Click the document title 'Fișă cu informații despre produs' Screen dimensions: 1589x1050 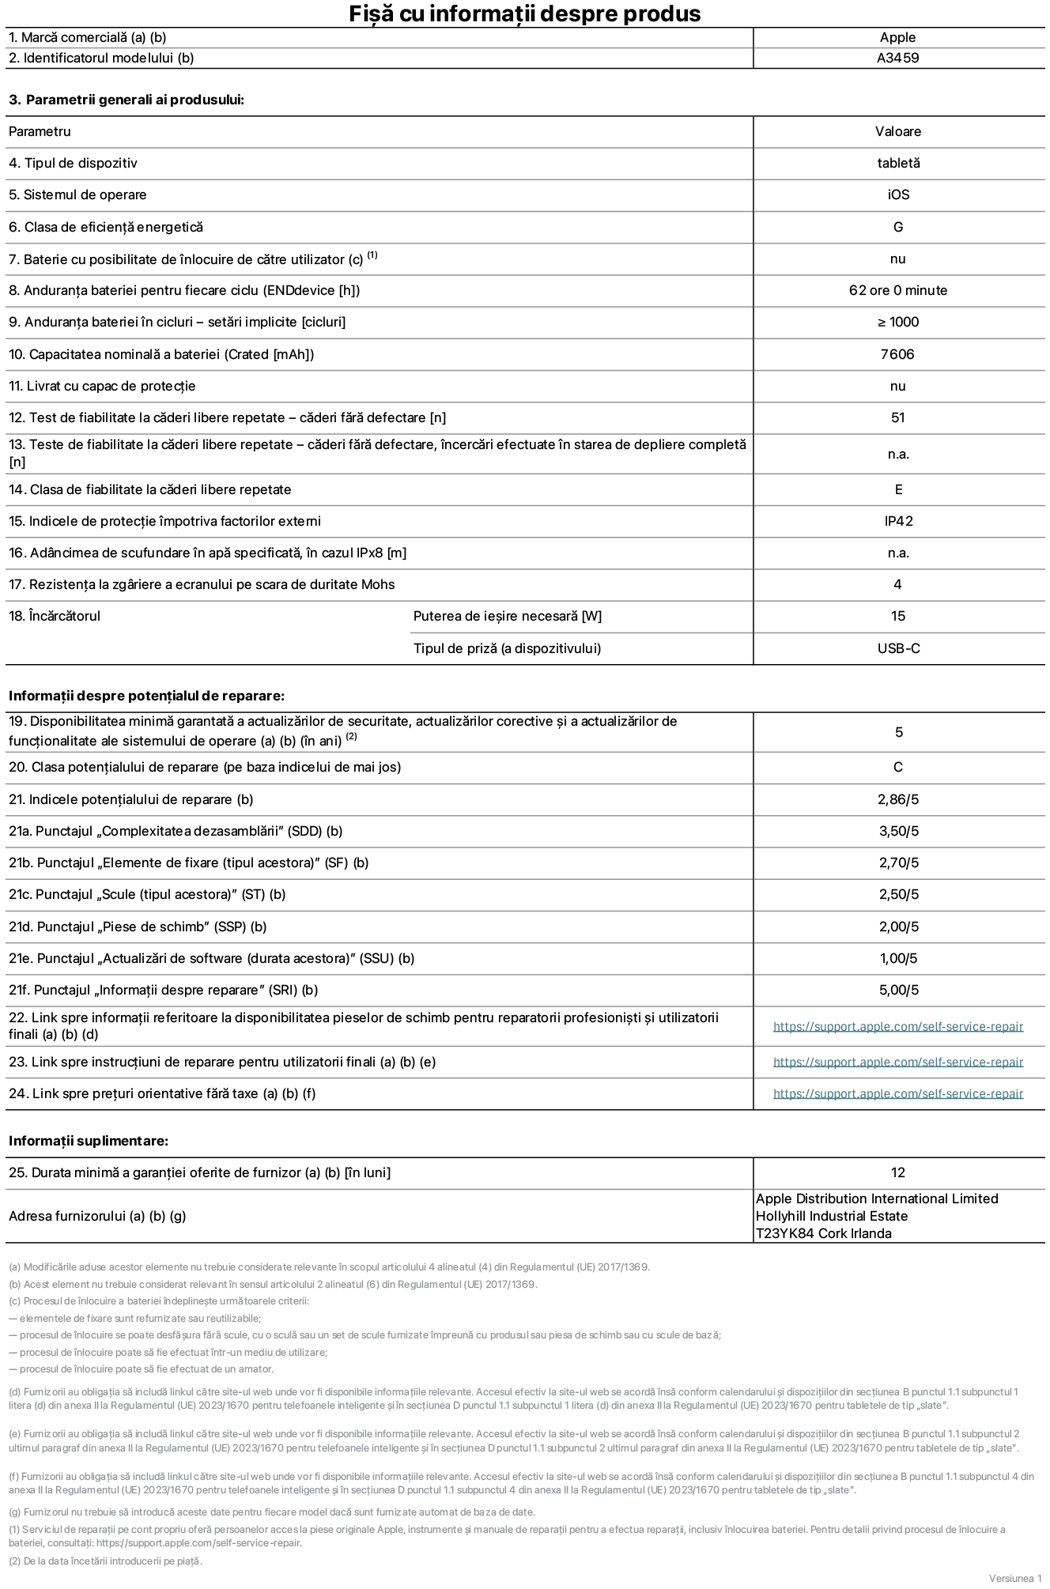click(x=524, y=13)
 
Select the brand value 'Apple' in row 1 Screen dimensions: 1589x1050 click(x=897, y=37)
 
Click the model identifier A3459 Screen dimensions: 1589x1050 click(x=897, y=58)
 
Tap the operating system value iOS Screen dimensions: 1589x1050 click(x=898, y=194)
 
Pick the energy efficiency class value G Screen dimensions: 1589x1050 click(x=898, y=227)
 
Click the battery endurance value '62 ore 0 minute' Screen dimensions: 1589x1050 click(x=898, y=290)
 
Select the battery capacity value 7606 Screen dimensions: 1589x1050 click(x=897, y=354)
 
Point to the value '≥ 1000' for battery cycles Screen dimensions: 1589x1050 click(x=898, y=322)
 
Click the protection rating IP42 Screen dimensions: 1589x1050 click(x=898, y=521)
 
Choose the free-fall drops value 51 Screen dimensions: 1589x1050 click(x=898, y=417)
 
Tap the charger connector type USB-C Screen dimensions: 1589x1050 click(x=898, y=648)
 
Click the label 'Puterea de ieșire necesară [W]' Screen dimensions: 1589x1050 click(x=507, y=616)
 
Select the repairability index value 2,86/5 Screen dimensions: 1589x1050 click(x=898, y=799)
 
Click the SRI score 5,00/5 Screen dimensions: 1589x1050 click(x=898, y=990)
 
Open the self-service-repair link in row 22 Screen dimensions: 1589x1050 click(x=898, y=1026)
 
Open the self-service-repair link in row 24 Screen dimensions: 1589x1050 click(x=898, y=1093)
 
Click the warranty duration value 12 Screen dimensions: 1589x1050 click(x=898, y=1172)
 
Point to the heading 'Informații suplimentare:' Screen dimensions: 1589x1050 click(x=89, y=1141)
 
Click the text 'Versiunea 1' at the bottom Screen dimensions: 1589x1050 click(x=1015, y=1578)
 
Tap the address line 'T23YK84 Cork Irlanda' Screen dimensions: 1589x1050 click(x=823, y=1233)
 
